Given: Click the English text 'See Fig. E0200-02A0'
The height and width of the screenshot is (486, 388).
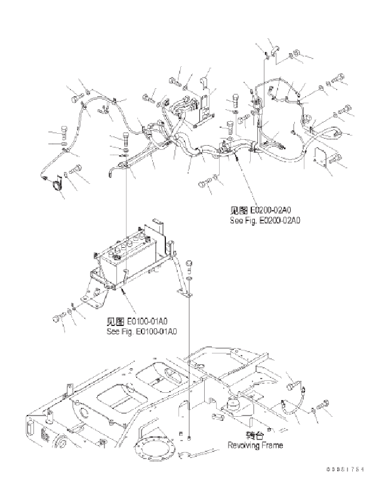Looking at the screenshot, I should [264, 220].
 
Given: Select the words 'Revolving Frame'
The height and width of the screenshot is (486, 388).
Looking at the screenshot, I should [255, 445].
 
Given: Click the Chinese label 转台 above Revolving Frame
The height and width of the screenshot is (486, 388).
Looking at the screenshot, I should [255, 435].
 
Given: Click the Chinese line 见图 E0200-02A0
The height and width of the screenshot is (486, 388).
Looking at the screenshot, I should [264, 211].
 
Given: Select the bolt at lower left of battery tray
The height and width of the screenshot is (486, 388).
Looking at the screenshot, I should [60, 316].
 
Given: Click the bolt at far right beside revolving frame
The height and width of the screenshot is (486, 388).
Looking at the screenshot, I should [326, 406].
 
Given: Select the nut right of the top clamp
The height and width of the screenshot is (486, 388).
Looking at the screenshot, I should [291, 56].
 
